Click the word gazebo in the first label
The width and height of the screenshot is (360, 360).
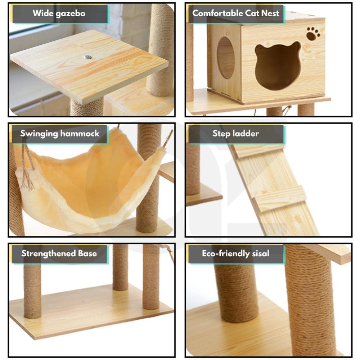click(71, 14)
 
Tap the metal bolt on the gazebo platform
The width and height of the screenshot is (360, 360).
click(87, 57)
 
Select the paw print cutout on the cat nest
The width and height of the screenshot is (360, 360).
click(313, 33)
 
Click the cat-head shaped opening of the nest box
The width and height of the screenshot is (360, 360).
click(278, 65)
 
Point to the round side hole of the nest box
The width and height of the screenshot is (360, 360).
click(226, 58)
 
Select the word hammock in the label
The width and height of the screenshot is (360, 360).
click(80, 134)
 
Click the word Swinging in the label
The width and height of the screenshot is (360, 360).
click(39, 134)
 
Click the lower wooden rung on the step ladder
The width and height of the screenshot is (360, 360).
click(280, 197)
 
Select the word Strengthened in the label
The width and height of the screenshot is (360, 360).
click(49, 254)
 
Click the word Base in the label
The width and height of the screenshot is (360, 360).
click(87, 253)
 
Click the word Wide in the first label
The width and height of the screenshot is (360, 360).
click(43, 13)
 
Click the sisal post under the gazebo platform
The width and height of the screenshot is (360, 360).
click(87, 107)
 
